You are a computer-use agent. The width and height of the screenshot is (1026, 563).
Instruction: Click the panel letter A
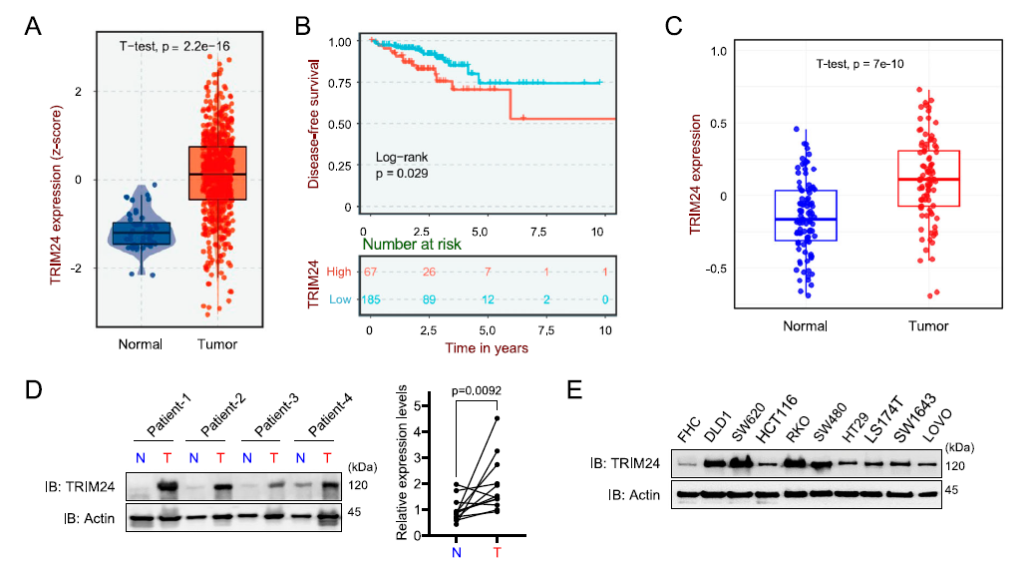pos(34,29)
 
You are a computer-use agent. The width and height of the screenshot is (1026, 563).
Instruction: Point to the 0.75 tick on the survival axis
pos(343,83)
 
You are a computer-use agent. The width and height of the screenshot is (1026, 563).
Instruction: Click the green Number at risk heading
pos(420,243)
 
